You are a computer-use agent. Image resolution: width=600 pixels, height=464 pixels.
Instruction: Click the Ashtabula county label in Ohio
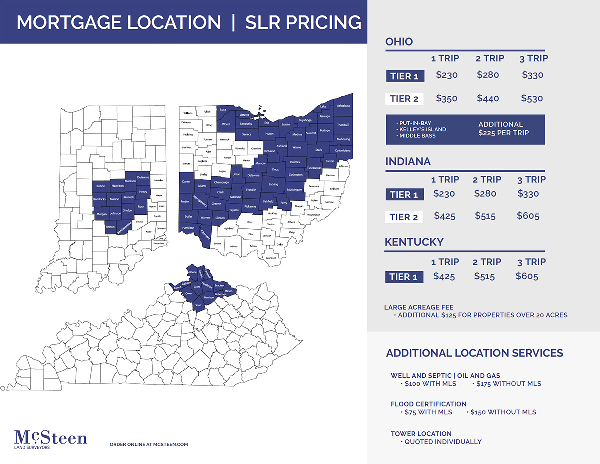[x=343, y=106]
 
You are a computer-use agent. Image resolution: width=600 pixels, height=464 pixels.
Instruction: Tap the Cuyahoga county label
[x=305, y=120]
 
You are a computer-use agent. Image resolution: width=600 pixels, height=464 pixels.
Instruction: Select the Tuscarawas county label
[x=314, y=168]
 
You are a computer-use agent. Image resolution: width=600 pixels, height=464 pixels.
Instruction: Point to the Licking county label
[x=273, y=184]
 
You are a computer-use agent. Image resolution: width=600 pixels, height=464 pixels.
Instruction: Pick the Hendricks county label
[x=99, y=199]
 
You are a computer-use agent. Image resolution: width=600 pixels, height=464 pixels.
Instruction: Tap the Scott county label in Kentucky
[x=198, y=305]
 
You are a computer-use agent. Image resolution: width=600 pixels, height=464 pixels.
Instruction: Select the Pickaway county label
[x=250, y=206]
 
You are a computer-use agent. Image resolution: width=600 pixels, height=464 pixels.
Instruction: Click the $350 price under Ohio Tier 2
[x=446, y=98]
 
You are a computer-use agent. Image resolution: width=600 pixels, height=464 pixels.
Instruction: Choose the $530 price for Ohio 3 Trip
[x=532, y=98]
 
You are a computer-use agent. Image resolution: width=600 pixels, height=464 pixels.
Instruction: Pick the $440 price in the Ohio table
[x=488, y=98]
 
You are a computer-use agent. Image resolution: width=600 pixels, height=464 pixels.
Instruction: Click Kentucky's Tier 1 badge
[x=404, y=277]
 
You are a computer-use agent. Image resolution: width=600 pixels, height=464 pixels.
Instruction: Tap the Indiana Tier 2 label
[x=404, y=217]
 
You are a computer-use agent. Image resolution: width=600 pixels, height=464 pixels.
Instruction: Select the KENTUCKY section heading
[x=414, y=242]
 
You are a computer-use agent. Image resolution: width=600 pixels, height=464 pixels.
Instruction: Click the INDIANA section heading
[x=408, y=162]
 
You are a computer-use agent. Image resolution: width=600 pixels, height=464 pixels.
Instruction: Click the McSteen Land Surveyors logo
[x=51, y=440]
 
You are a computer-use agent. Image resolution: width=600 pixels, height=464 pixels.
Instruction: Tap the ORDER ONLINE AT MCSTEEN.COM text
[x=148, y=444]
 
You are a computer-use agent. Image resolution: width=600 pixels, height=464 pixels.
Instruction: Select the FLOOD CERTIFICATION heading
[x=428, y=404]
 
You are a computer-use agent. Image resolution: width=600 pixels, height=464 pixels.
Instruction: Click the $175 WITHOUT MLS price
[x=508, y=384]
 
